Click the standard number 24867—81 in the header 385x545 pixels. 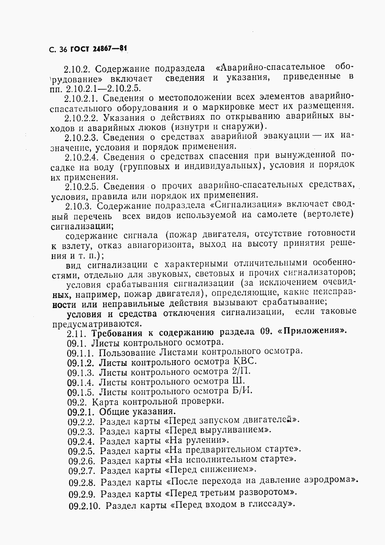[x=110, y=50]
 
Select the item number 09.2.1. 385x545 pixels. [x=81, y=412]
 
